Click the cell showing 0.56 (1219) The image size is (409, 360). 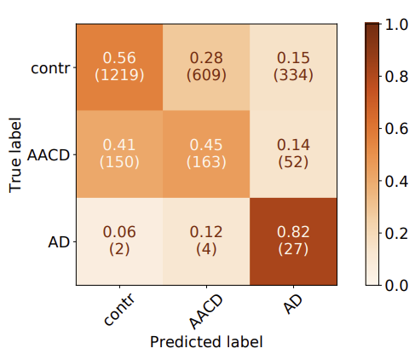tap(119, 67)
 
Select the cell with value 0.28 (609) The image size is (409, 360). tap(206, 67)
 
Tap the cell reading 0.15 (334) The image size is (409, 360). tap(293, 67)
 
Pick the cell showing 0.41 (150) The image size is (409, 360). tap(119, 154)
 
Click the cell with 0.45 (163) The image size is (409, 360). tap(206, 154)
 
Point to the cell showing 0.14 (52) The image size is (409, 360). tap(293, 154)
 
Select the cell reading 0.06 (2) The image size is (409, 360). tap(119, 241)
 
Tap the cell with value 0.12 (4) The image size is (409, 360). tap(206, 241)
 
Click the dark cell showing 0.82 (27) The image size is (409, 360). tap(293, 241)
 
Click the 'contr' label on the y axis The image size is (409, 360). tap(50, 68)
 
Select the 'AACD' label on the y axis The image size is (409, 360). tap(49, 155)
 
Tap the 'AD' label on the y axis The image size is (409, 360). tap(59, 242)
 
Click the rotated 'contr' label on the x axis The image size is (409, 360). tap(118, 309)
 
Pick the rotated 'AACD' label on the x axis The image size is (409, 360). tap(206, 311)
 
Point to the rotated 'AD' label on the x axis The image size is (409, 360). tap(293, 304)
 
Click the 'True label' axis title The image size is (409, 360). tap(14, 155)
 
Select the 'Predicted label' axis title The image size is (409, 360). tap(206, 341)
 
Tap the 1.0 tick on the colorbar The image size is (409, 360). tap(396, 25)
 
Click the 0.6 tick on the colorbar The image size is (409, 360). tap(396, 129)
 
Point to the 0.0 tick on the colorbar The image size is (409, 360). tap(396, 285)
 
